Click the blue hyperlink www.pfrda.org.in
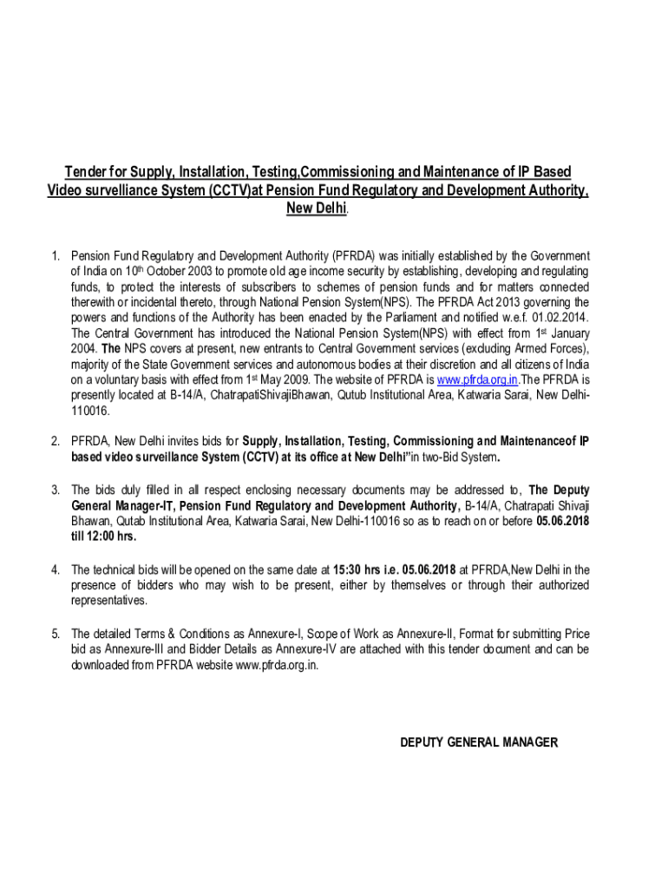[x=478, y=380]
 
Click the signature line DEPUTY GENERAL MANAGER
[x=478, y=742]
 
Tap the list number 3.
[x=55, y=489]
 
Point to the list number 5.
[x=55, y=633]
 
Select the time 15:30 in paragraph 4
[x=348, y=570]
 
